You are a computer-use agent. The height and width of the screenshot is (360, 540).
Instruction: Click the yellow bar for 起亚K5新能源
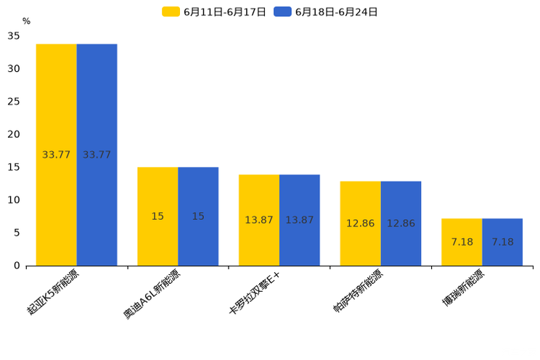click(x=57, y=155)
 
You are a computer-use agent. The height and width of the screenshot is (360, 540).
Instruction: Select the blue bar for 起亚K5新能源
click(x=97, y=155)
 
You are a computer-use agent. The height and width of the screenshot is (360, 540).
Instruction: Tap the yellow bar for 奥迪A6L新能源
click(x=157, y=216)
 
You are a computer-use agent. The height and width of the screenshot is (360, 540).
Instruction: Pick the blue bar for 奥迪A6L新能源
click(x=198, y=216)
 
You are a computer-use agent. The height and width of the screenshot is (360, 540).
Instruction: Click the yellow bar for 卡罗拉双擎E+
click(x=259, y=220)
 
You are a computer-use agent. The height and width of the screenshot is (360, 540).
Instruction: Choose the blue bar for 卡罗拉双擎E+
click(x=300, y=220)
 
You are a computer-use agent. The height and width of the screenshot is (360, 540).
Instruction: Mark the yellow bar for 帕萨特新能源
click(x=360, y=224)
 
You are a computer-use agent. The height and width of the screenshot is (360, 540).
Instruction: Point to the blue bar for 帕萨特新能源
click(x=401, y=224)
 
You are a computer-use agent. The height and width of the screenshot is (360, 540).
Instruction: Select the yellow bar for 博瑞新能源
click(x=462, y=242)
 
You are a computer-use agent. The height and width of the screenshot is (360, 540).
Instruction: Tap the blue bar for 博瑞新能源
click(x=502, y=242)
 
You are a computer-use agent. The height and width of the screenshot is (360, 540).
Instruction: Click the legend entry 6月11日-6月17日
click(x=216, y=12)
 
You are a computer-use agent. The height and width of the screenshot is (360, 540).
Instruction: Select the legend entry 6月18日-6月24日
click(x=327, y=12)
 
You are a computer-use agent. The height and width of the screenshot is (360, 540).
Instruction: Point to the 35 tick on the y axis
click(x=14, y=36)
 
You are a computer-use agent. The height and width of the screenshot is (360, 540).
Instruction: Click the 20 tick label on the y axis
click(x=14, y=134)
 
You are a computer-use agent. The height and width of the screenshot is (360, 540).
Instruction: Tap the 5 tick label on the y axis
click(x=17, y=233)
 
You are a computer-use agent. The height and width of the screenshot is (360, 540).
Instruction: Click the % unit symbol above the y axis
click(x=26, y=22)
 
